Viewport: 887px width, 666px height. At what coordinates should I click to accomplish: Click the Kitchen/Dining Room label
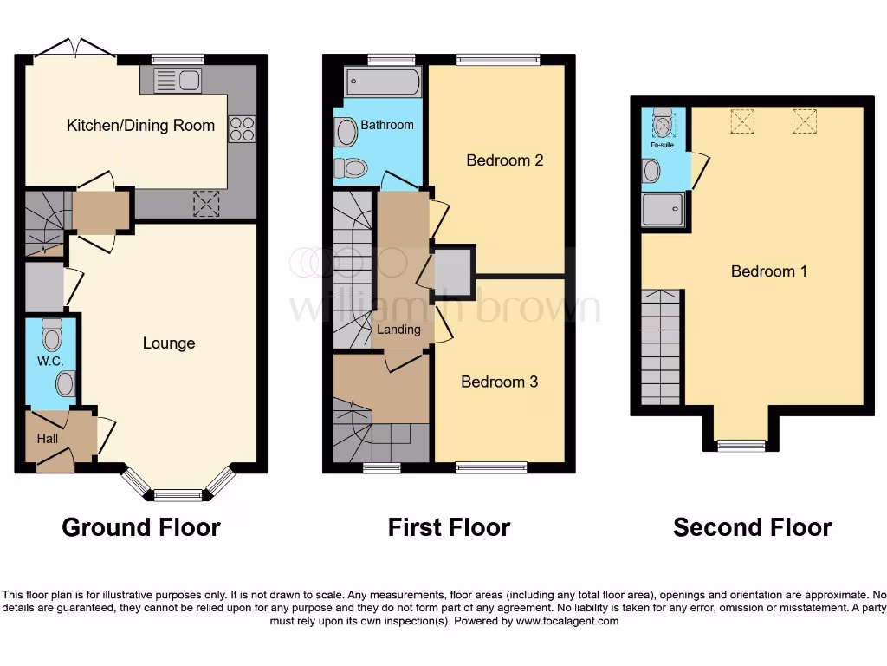click(140, 126)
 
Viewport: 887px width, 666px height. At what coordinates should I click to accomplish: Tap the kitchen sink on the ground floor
click(178, 82)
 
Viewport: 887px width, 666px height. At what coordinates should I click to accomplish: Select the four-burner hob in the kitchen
click(242, 129)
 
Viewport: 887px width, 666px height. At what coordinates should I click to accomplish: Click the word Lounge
click(169, 343)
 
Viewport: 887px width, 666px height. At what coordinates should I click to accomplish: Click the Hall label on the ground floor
click(48, 439)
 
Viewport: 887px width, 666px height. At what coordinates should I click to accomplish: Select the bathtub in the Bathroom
click(383, 83)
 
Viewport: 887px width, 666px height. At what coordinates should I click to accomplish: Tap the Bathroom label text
click(387, 125)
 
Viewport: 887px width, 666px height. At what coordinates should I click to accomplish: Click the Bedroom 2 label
click(505, 160)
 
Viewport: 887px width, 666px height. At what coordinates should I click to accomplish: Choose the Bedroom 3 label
click(499, 382)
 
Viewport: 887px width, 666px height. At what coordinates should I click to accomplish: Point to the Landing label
click(398, 330)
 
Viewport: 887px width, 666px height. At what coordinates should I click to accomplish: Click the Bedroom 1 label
click(769, 271)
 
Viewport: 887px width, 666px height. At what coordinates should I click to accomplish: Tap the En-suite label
click(662, 145)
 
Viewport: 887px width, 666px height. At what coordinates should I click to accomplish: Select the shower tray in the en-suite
click(664, 210)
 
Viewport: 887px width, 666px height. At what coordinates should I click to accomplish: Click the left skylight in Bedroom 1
click(742, 121)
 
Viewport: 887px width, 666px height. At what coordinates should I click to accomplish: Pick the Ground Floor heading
click(141, 527)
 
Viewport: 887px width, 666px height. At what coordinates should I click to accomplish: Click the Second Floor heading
click(752, 527)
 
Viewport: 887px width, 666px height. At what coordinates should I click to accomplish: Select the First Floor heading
click(449, 527)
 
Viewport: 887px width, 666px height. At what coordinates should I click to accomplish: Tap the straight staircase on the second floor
click(661, 348)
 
